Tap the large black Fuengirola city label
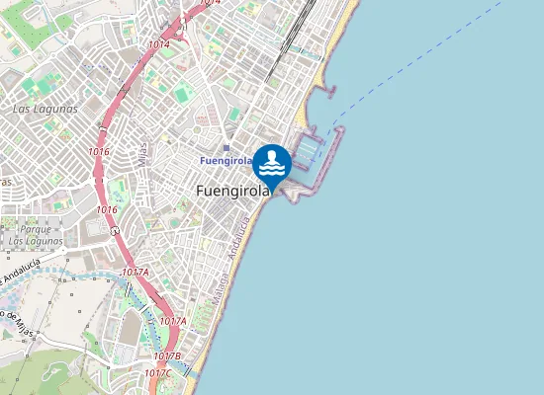(233, 191)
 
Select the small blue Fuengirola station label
(226, 160)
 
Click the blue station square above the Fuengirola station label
(226, 148)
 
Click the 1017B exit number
(168, 355)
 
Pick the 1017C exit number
(157, 372)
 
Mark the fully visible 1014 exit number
(159, 44)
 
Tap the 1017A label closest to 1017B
(172, 321)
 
